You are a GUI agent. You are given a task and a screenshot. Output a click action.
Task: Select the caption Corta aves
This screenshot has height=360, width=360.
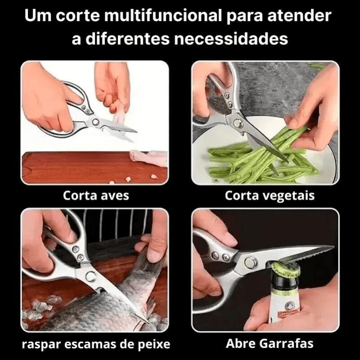(96, 196)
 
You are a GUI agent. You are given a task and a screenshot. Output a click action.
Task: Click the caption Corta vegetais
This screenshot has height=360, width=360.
(270, 196)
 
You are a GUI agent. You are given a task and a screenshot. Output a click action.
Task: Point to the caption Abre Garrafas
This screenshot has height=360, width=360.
(270, 344)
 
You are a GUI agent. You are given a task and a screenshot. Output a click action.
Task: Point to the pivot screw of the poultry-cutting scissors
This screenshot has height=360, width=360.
(95, 121)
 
